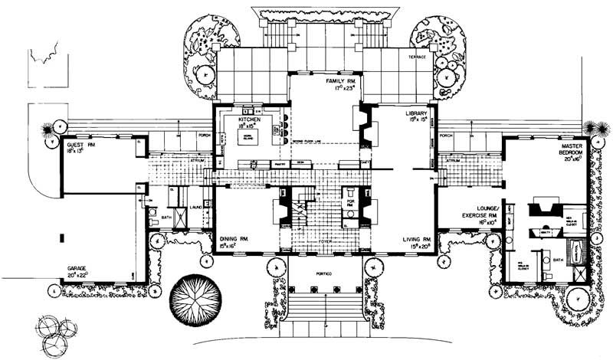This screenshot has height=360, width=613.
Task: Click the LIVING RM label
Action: point(419,241)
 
